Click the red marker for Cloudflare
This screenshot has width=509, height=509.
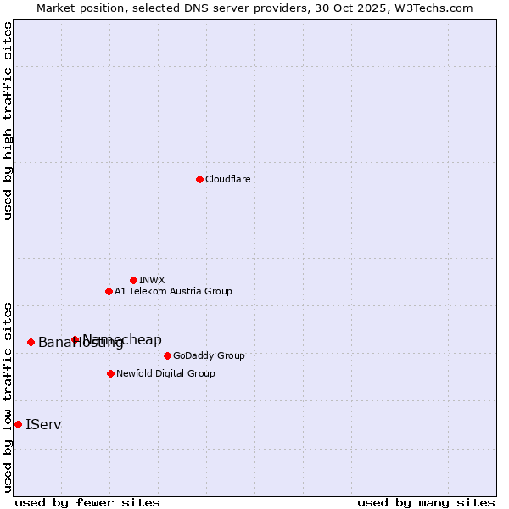click(199, 179)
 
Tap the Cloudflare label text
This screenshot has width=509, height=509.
click(227, 179)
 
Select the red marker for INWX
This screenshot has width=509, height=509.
click(133, 280)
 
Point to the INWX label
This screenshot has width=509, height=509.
click(152, 280)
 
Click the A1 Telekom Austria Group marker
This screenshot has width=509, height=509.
click(109, 291)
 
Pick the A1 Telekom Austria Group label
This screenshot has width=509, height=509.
click(173, 291)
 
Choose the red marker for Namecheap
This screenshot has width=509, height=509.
click(75, 339)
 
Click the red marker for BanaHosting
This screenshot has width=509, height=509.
click(31, 342)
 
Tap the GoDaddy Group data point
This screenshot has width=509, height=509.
click(167, 355)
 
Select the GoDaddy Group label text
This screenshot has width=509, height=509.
click(209, 355)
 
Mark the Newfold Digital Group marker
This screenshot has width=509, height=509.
click(110, 373)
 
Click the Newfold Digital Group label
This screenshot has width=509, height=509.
click(165, 373)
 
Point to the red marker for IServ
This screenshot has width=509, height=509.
click(18, 424)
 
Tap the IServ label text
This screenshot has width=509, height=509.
click(43, 424)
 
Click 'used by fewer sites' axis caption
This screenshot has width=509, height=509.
click(87, 502)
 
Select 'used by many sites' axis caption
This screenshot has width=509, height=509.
click(426, 502)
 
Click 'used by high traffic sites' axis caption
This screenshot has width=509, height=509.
click(8, 120)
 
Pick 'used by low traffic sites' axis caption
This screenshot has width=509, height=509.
click(8, 397)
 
